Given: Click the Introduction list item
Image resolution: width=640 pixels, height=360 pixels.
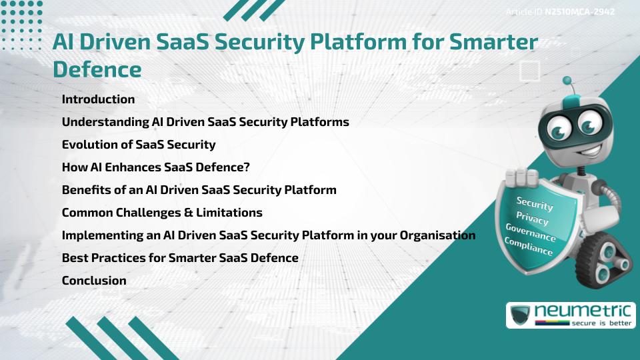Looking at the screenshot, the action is (98, 99).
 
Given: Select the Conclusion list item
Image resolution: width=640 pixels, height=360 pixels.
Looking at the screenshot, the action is (94, 281).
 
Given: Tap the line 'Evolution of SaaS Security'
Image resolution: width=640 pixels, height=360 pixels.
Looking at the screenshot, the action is (139, 145).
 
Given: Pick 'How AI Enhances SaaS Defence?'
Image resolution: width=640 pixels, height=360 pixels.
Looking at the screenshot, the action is (155, 167).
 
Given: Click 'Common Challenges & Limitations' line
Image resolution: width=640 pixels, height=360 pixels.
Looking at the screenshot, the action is (162, 213).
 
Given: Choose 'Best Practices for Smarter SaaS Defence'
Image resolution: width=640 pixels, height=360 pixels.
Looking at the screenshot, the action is (180, 258).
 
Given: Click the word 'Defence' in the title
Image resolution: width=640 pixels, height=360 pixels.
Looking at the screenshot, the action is (97, 69).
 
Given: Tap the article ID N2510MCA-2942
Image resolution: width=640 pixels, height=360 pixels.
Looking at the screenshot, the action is (579, 12).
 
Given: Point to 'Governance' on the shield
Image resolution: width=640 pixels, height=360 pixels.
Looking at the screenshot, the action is (530, 233).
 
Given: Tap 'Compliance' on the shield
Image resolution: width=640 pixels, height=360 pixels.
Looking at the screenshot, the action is (528, 247).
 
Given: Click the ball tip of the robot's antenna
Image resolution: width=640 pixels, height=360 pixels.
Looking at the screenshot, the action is (567, 81).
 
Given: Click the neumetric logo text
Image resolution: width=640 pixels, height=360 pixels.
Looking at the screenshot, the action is (583, 311).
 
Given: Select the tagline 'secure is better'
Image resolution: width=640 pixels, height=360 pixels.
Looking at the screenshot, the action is (601, 323).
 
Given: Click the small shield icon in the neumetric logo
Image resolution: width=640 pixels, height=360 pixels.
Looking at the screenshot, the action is (520, 315).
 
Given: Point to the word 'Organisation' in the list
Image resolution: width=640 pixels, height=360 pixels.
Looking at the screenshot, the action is (437, 235).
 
